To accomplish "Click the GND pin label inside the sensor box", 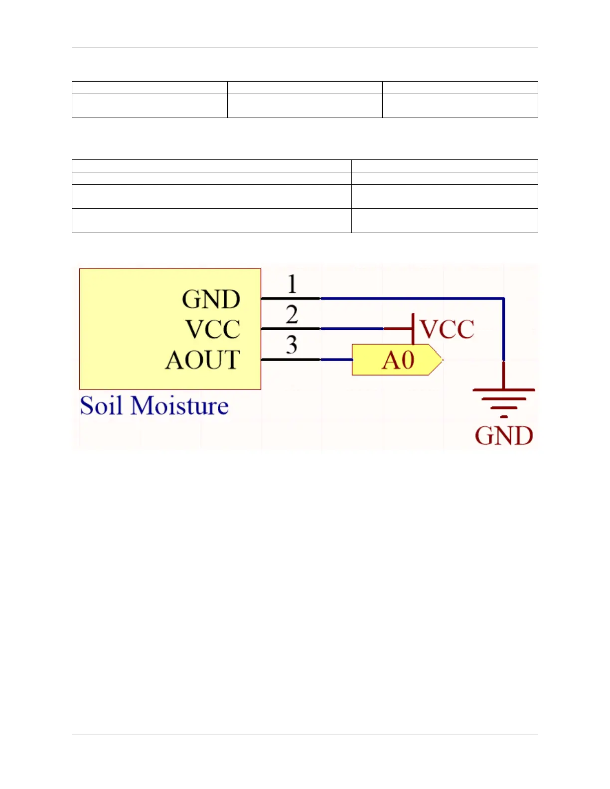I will [x=211, y=299].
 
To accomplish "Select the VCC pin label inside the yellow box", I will [x=213, y=329].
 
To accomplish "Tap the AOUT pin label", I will [x=203, y=360].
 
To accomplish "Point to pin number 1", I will [x=292, y=284].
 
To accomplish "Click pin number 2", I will [x=292, y=315].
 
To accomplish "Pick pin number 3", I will [x=292, y=345].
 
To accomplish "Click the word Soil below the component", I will [x=101, y=405].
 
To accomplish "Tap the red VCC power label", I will [x=447, y=329].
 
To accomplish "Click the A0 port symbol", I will [x=397, y=360].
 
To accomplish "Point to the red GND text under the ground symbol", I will [x=504, y=436].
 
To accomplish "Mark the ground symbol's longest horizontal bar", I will [x=504, y=390].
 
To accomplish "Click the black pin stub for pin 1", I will [x=291, y=298].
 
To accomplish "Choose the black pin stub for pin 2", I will [x=291, y=329].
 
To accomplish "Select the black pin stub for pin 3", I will [x=291, y=359].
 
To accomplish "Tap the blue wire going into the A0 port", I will [x=336, y=359].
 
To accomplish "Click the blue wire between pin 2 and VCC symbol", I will [x=352, y=329].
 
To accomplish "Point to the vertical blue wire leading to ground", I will [x=504, y=329].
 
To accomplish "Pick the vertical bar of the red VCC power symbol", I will [x=413, y=329].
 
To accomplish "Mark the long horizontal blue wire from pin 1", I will [x=412, y=298].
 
